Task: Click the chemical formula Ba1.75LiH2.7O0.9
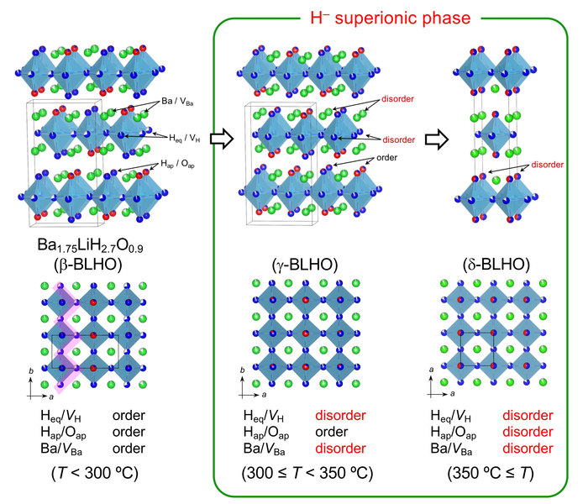[104, 244]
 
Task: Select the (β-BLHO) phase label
[104, 265]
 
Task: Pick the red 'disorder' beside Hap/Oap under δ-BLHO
[528, 432]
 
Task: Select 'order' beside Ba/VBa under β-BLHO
[129, 448]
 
